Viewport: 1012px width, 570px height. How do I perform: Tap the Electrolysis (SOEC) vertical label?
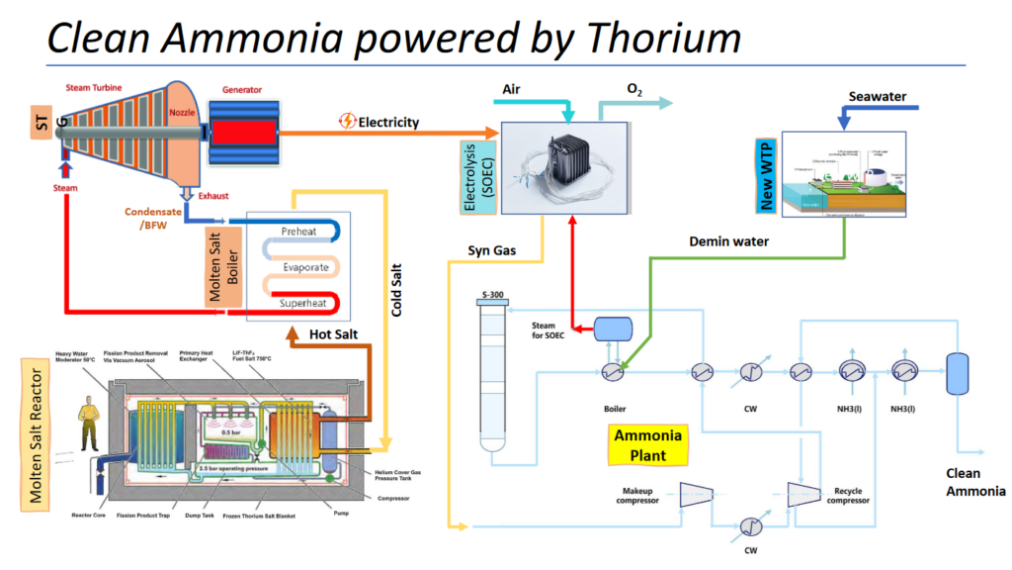(483, 169)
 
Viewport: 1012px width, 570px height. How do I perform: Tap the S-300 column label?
(490, 296)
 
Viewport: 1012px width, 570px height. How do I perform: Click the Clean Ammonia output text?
(975, 482)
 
